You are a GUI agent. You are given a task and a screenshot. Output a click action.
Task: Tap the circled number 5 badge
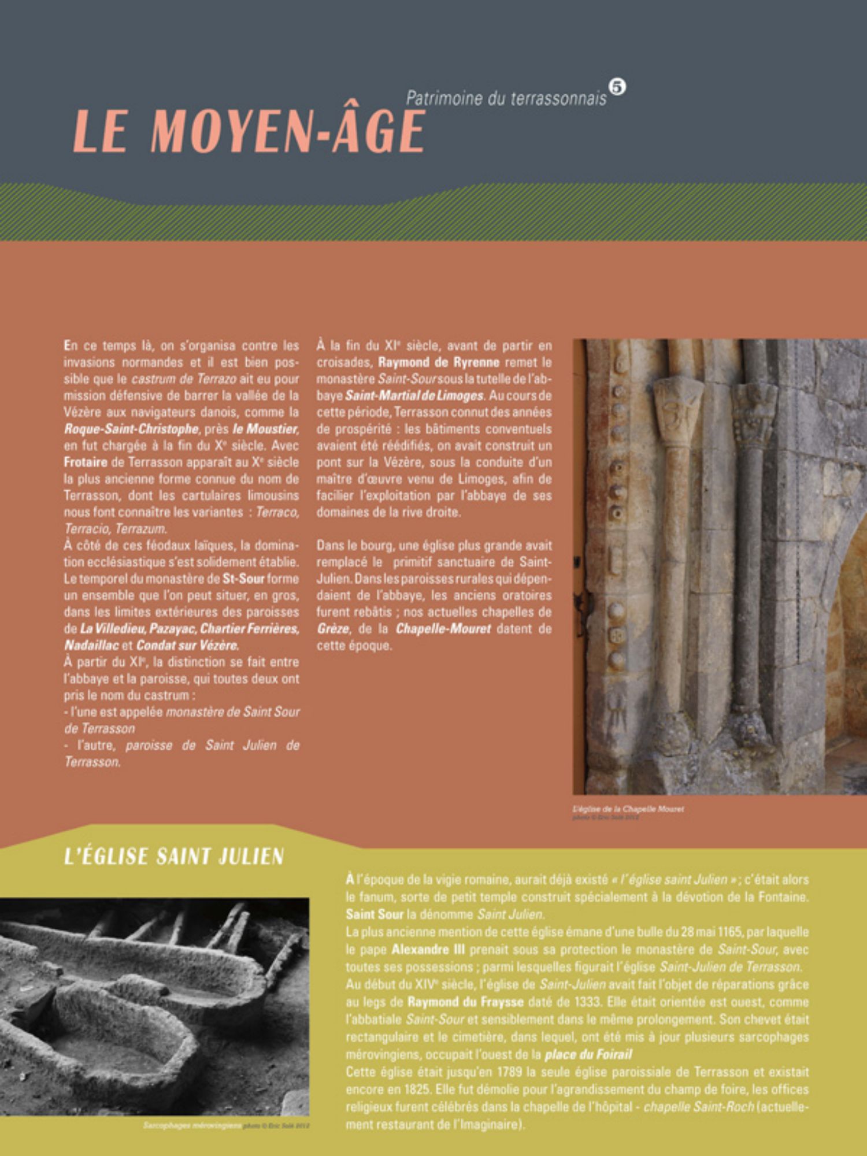(617, 87)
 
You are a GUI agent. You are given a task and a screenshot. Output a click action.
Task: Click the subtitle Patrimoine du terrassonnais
(506, 98)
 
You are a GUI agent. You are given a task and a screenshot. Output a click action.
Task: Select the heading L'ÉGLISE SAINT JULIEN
(174, 856)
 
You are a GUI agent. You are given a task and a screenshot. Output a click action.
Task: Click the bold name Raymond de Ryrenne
(439, 362)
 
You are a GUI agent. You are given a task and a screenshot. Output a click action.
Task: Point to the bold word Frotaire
(86, 462)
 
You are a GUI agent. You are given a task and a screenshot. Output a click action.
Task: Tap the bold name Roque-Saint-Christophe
(132, 429)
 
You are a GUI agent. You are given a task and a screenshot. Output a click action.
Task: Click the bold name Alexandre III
(428, 949)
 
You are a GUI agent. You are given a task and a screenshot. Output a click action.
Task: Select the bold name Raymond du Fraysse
(465, 1002)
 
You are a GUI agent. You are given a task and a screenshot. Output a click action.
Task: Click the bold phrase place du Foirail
(588, 1054)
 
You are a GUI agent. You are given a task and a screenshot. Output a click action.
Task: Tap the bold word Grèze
(333, 628)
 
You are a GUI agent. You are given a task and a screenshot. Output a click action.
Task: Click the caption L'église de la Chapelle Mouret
(628, 809)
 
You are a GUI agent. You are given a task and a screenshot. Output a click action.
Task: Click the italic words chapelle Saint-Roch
(699, 1106)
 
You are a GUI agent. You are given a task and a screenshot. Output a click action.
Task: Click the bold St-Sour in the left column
(243, 579)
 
